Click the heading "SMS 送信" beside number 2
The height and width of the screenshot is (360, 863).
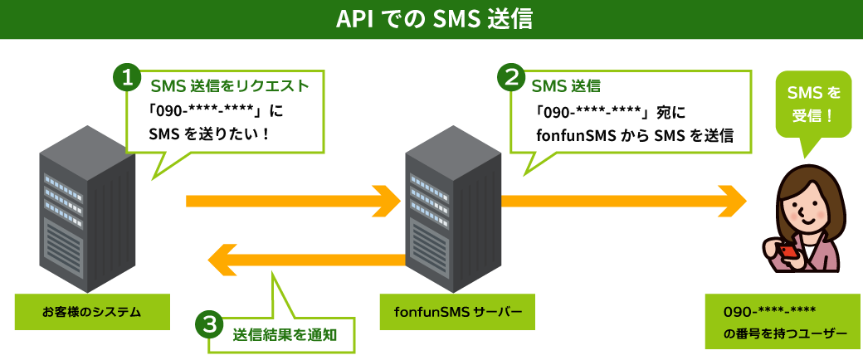point(566,85)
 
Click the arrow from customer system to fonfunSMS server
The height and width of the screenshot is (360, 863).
point(294,200)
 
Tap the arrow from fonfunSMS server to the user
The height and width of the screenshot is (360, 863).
point(622,200)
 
